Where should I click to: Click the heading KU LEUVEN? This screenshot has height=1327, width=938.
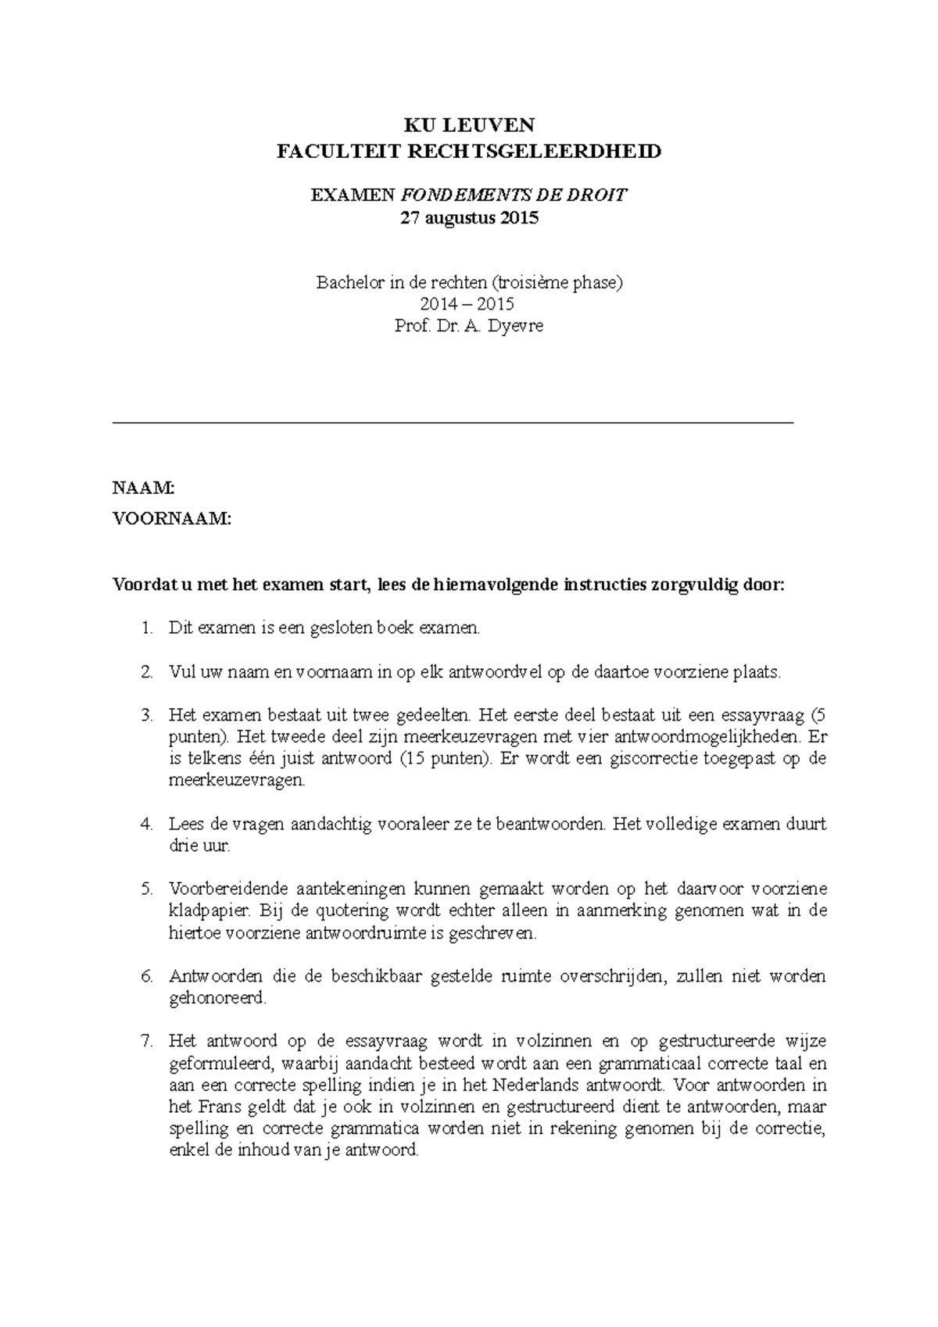pos(469,125)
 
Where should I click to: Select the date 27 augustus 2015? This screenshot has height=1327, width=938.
pos(469,218)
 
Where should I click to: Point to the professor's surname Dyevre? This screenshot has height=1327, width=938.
pos(515,326)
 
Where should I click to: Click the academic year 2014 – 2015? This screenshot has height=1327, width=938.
pos(468,304)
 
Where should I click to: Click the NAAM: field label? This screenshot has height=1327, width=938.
pos(144,488)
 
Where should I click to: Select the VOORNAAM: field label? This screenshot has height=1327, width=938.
pos(172,518)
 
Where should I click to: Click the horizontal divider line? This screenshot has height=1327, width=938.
pos(453,422)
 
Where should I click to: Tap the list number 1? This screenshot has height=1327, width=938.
pos(148,628)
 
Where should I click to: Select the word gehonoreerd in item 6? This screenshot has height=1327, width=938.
pos(217,998)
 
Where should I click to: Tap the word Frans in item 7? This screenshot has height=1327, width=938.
pos(216,1107)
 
